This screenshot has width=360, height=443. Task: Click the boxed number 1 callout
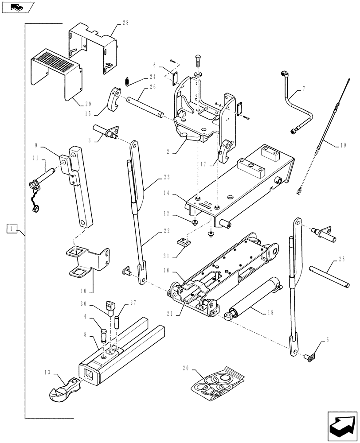point(12,229)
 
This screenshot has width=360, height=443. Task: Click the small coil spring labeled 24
point(126,81)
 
